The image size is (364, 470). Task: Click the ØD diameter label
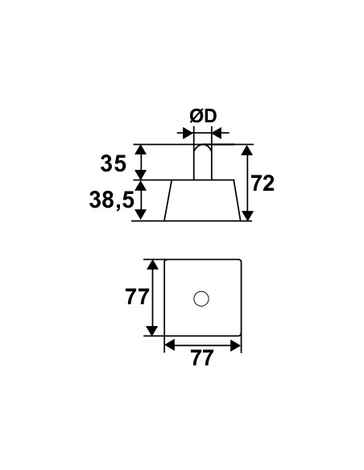click(x=203, y=116)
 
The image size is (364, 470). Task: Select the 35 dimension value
click(x=114, y=164)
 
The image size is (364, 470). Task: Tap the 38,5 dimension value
click(x=112, y=200)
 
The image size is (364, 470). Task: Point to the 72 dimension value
click(x=263, y=183)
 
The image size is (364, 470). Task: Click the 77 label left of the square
click(x=137, y=297)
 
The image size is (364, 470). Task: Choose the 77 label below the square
click(x=203, y=357)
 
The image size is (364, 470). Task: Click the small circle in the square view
click(x=201, y=299)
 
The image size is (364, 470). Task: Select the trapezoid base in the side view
click(x=202, y=200)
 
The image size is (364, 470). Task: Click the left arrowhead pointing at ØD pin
click(x=188, y=132)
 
